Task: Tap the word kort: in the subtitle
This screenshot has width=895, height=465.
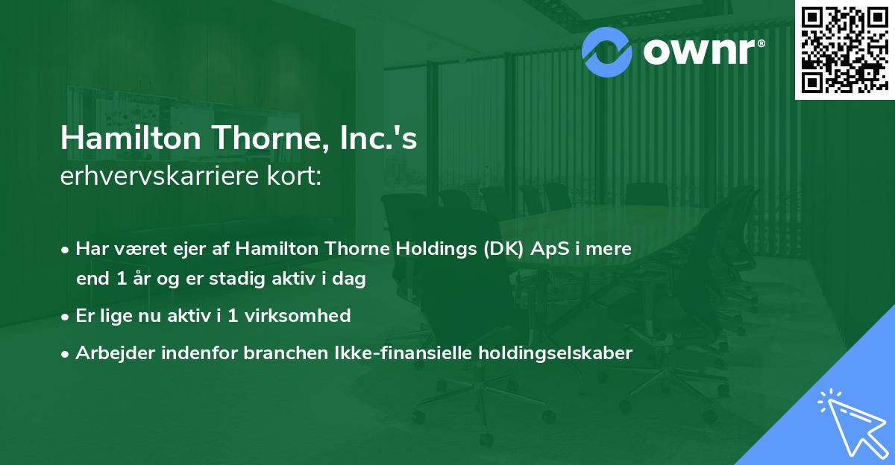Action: click(x=296, y=176)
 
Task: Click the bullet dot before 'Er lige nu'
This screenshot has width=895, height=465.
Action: click(x=66, y=317)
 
